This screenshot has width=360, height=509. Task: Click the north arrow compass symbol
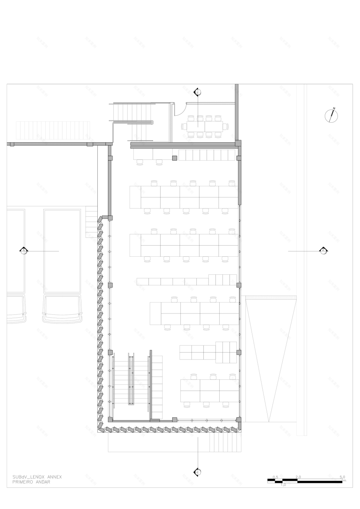click(332, 115)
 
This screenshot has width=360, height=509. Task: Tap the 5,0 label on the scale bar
click(342, 477)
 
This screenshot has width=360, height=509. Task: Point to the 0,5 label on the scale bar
click(275, 477)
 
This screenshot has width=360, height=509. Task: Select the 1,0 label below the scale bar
click(283, 485)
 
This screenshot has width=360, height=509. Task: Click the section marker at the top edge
click(198, 92)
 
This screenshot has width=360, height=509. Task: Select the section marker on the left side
click(24, 250)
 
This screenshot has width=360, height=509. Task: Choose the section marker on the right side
click(324, 250)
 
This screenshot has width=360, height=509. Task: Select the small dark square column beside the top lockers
click(175, 158)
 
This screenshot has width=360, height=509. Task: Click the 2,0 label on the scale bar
click(299, 477)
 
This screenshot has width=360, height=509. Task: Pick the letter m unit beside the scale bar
click(344, 481)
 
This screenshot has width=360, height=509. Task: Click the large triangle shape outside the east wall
click(270, 348)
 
